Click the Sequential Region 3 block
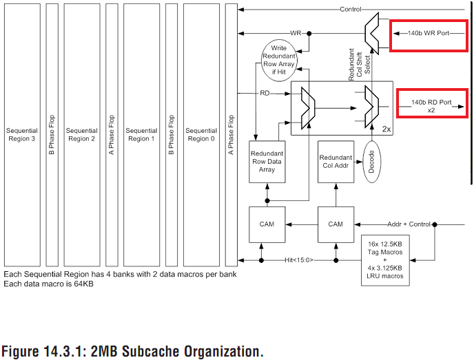click(22, 134)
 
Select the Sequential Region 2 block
click(82, 134)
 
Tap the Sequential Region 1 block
click(141, 134)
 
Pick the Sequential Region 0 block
click(201, 134)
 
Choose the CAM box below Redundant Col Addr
click(336, 224)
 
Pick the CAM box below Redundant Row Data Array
click(267, 224)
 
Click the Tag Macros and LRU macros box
click(385, 260)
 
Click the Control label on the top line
click(350, 10)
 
